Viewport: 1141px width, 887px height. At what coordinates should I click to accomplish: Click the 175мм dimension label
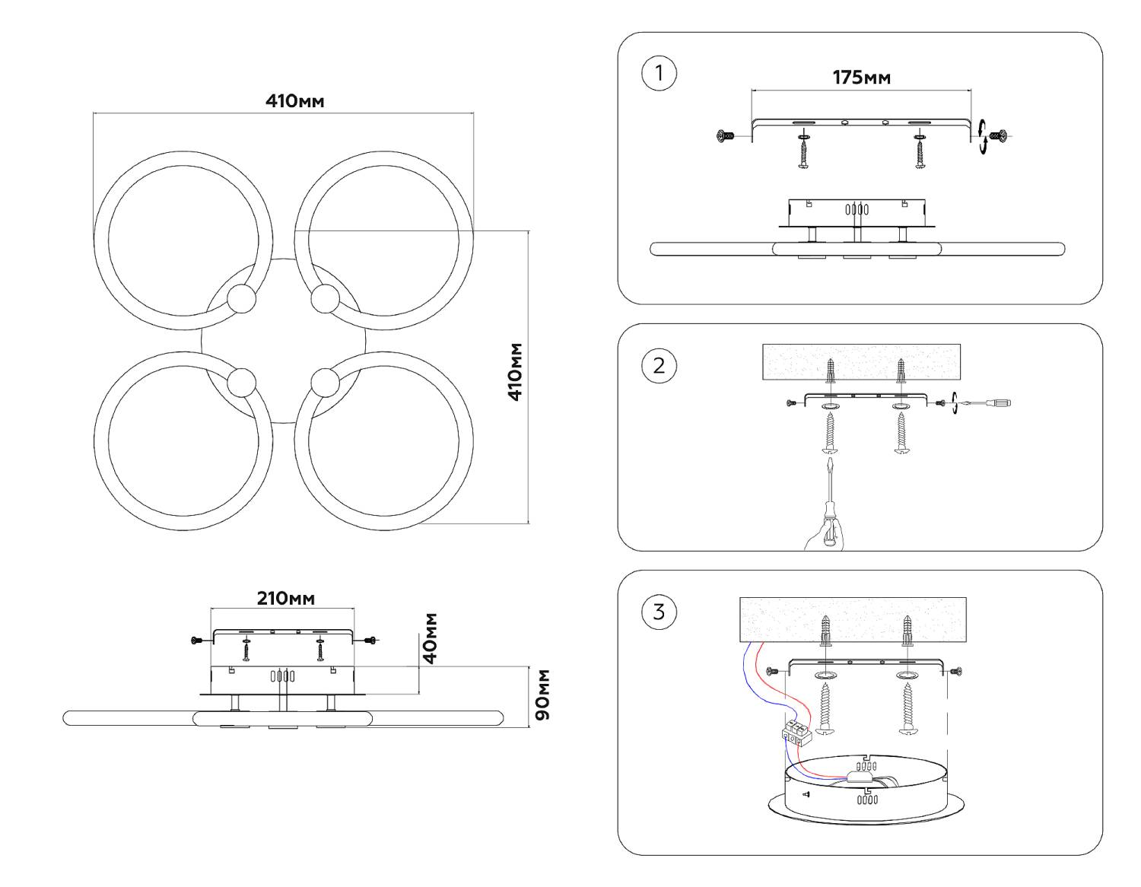[861, 78]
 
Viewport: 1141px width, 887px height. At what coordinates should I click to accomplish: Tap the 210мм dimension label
[285, 598]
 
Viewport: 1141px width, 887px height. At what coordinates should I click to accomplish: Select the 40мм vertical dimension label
[431, 638]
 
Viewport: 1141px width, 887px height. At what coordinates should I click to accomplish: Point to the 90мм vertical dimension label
[543, 695]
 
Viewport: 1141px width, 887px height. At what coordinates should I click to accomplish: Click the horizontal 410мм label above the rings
[294, 100]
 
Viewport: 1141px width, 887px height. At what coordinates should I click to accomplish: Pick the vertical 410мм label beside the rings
[516, 371]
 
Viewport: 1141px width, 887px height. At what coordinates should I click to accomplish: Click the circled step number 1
[659, 74]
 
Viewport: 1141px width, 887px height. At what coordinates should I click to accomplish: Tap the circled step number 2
[659, 365]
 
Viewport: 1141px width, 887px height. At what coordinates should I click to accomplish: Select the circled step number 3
[659, 612]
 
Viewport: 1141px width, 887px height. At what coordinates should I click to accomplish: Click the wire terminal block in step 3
[797, 732]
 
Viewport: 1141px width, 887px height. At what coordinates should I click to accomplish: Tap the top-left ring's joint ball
[243, 299]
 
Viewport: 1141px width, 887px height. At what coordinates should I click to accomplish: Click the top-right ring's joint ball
[325, 299]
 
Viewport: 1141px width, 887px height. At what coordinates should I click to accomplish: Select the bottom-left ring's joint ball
[243, 381]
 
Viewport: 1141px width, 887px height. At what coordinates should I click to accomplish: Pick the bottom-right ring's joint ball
[325, 381]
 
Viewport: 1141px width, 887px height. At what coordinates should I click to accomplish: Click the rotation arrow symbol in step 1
[984, 137]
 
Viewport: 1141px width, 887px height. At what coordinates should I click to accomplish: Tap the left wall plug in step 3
[825, 631]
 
